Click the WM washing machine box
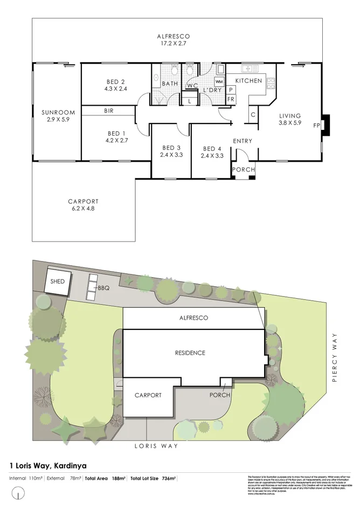(x=219, y=81)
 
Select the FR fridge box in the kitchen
(x=231, y=100)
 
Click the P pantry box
(x=231, y=89)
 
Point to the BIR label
(x=109, y=111)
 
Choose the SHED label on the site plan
(x=58, y=281)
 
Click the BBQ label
(x=103, y=288)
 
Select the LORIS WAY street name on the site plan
(x=156, y=446)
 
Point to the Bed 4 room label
(x=212, y=149)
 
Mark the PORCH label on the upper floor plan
(x=243, y=170)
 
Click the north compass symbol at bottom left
(x=19, y=493)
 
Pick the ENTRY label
(x=243, y=141)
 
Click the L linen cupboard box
(x=190, y=100)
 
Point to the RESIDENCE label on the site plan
(x=190, y=353)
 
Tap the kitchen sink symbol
(x=249, y=69)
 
